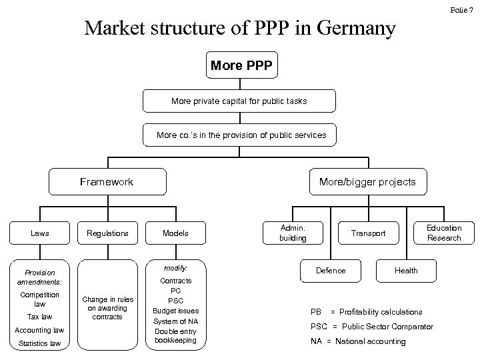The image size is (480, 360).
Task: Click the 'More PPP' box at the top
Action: (240, 66)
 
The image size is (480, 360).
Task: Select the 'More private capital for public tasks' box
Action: (239, 101)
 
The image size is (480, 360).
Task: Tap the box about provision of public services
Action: (241, 135)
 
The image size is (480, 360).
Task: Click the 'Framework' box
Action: (107, 181)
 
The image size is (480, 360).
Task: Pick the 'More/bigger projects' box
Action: (367, 181)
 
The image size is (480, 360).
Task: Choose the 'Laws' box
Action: (39, 233)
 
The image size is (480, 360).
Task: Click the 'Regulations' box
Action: (107, 233)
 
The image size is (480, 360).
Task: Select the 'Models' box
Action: (175, 233)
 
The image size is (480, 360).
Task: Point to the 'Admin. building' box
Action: (293, 233)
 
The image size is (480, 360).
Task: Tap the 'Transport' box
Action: (369, 233)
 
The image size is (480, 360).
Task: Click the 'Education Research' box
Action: (444, 233)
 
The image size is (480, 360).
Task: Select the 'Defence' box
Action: (331, 270)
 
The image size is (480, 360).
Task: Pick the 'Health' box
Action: (406, 270)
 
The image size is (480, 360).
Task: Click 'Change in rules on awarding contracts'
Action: (107, 307)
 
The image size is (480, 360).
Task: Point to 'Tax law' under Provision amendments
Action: (39, 317)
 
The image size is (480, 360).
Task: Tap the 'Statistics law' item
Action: (39, 343)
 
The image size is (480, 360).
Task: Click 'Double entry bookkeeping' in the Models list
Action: (175, 335)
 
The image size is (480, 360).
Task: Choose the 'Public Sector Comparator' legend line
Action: (372, 327)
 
